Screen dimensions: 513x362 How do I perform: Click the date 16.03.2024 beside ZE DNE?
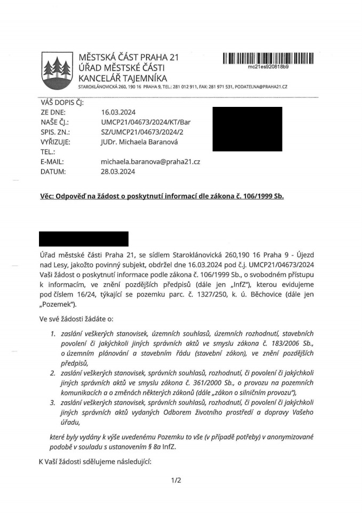[x=118, y=113]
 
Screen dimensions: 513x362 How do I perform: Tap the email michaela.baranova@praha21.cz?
[x=150, y=162]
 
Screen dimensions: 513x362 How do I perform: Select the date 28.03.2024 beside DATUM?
[x=118, y=172]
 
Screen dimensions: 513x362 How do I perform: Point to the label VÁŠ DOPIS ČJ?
[x=62, y=103]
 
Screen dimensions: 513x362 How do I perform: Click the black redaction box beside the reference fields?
[x=247, y=128]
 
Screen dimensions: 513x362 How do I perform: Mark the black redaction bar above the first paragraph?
[x=84, y=239]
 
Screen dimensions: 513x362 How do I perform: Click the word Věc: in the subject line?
[x=50, y=196]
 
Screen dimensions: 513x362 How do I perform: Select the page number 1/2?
[x=176, y=480]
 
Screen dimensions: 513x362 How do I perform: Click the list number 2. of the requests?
[x=52, y=373]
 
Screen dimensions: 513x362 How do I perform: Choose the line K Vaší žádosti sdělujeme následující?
[x=95, y=461]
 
